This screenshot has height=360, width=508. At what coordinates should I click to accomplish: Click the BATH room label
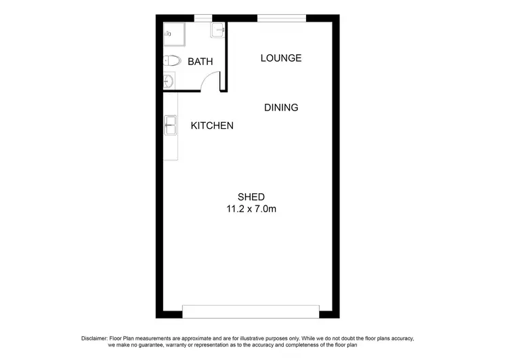coord(200,62)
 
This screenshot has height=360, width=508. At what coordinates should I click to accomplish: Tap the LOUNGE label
coord(281,58)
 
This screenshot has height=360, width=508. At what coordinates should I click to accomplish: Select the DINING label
coord(281,108)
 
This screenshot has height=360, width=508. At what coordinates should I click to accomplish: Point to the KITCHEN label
coord(212,126)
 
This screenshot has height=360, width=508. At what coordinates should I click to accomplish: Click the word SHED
coord(251,197)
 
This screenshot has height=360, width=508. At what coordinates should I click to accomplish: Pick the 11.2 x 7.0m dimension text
coord(251,209)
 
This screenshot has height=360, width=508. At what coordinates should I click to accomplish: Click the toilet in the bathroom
coord(172,61)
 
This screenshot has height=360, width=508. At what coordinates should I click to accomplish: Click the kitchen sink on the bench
coord(170,125)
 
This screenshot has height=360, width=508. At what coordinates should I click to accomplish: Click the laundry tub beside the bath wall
coord(218,30)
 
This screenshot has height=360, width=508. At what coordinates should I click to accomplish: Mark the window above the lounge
coord(281,18)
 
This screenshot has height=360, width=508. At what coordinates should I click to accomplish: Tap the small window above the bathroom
coord(203,18)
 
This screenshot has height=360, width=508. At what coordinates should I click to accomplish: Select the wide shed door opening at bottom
coord(251,311)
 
